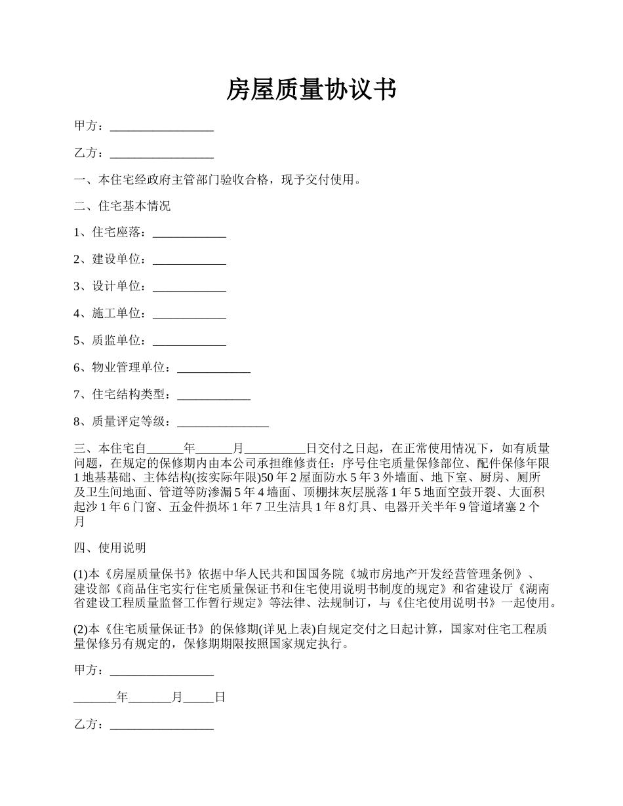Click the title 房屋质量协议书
pos(311,89)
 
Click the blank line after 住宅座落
pos(189,233)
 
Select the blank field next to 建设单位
pos(189,259)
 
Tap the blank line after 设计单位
pos(189,286)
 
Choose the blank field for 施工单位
pos(189,314)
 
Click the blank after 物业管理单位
pos(214,368)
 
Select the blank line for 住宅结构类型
pos(214,395)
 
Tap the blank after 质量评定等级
pos(223,422)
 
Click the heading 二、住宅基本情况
pos(122,206)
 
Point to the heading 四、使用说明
pos(110,548)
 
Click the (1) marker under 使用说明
pos(80,575)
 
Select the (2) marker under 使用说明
pos(80,629)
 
